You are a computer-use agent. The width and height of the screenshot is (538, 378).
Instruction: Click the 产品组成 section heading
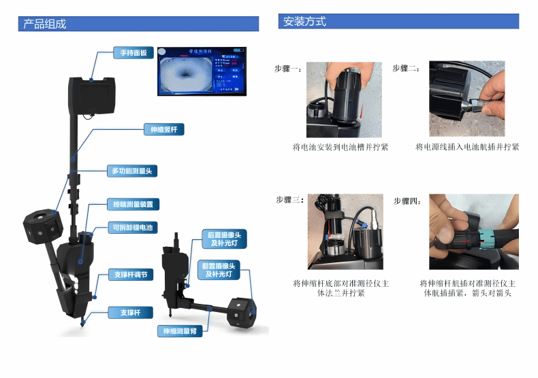(x=45, y=24)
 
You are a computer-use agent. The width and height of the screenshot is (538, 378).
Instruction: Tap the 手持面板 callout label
(x=133, y=52)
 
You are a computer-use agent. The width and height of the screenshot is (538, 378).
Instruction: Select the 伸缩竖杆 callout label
(x=163, y=128)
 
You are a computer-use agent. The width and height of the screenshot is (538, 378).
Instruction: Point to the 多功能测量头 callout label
(x=134, y=171)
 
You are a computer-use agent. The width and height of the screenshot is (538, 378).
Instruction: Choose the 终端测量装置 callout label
(x=133, y=204)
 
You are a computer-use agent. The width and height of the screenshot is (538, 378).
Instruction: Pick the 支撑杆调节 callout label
(x=131, y=275)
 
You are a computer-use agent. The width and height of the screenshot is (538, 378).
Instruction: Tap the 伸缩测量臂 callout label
(x=178, y=331)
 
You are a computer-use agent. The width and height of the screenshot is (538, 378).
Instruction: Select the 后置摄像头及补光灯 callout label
(x=224, y=239)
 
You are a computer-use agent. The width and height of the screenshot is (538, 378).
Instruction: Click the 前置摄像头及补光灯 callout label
(x=219, y=270)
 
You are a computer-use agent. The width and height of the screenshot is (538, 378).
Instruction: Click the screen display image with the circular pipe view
(x=201, y=71)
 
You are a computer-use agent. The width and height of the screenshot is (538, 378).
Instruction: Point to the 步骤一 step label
(x=288, y=69)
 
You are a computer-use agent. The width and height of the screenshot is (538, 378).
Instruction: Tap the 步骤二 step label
(x=406, y=69)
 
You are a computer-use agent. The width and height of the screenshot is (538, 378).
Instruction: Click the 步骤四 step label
(x=407, y=201)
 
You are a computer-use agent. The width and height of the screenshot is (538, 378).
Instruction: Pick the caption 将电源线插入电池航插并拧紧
(x=466, y=147)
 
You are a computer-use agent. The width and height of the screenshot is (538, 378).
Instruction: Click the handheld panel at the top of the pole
(x=92, y=96)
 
